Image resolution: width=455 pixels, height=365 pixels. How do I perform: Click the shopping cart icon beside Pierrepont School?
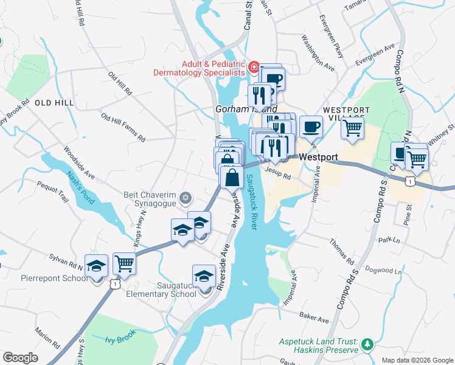124,264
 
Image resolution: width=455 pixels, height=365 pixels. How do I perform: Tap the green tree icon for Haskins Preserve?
367,345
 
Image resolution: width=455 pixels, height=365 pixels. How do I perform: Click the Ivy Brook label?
119,336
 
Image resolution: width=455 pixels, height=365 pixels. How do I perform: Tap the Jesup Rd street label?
278,173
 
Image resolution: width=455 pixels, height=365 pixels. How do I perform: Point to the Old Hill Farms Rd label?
123,128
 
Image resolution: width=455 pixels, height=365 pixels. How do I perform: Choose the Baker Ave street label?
313,318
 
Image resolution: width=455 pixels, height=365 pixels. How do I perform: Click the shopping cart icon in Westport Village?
352,128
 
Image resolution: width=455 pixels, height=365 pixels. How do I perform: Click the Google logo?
20,358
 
